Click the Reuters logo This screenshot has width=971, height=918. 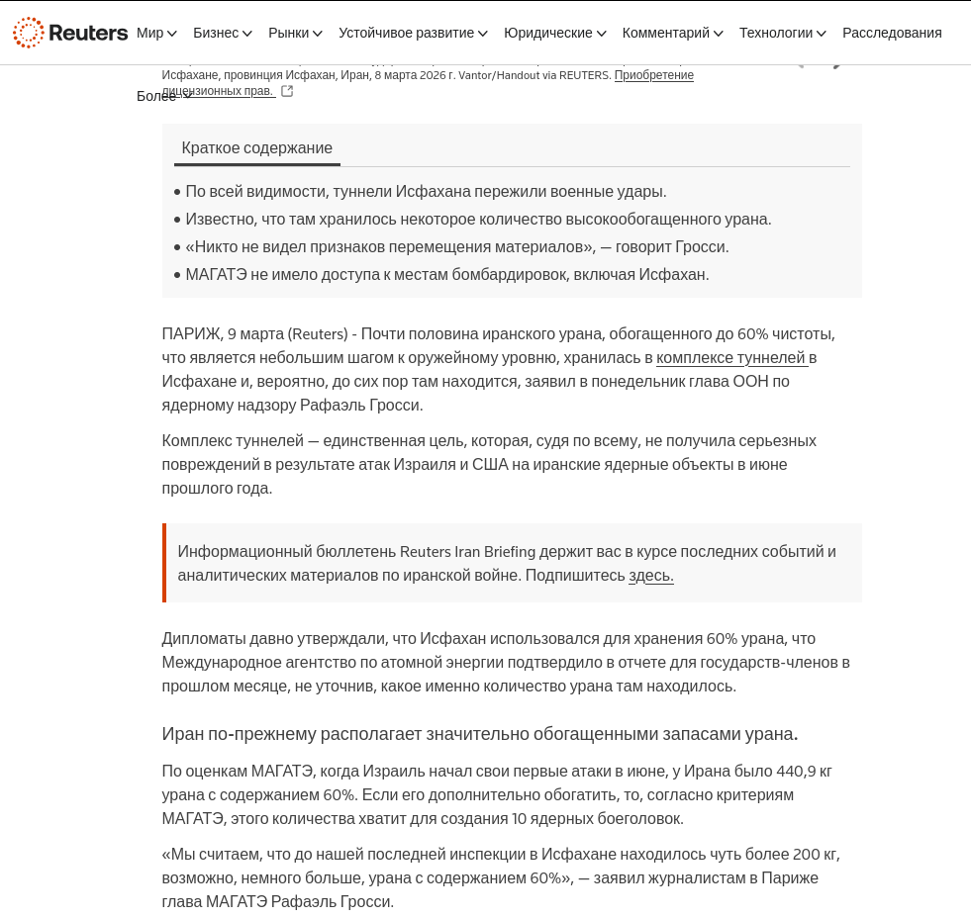(x=70, y=33)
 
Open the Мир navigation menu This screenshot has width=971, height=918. (x=156, y=33)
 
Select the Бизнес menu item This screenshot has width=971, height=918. (x=222, y=33)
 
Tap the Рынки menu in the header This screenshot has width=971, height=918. (x=295, y=33)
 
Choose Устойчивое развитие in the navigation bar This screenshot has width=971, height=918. (x=413, y=33)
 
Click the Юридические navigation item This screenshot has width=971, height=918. (x=554, y=33)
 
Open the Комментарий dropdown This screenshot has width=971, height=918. (x=672, y=33)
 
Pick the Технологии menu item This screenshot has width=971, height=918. (x=782, y=33)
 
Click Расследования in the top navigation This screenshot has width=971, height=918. (x=892, y=33)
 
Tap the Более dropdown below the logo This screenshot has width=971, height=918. (x=163, y=96)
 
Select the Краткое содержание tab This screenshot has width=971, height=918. (x=257, y=148)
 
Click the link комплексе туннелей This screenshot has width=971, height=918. (x=731, y=358)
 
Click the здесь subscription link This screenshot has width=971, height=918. (x=650, y=576)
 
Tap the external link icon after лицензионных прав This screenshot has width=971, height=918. (x=287, y=91)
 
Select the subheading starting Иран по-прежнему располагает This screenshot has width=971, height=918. (x=479, y=734)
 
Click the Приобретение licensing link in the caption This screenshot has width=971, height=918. (x=653, y=75)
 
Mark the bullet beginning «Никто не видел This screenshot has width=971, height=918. (x=456, y=247)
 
